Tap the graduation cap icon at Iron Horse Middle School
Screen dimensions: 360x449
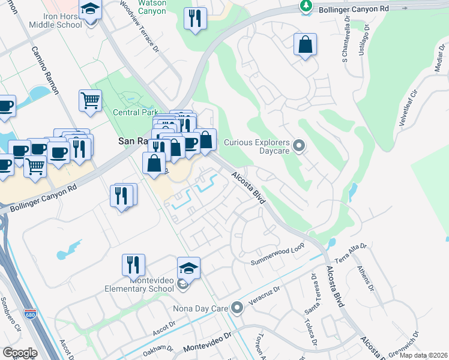click(x=91, y=11)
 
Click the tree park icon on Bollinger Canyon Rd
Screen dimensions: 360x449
click(x=306, y=7)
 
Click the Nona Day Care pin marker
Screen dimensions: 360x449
click(x=237, y=308)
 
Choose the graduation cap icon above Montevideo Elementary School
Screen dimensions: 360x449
click(x=188, y=267)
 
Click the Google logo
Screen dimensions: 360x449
click(x=20, y=353)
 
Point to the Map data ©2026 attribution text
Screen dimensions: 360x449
click(x=423, y=355)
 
